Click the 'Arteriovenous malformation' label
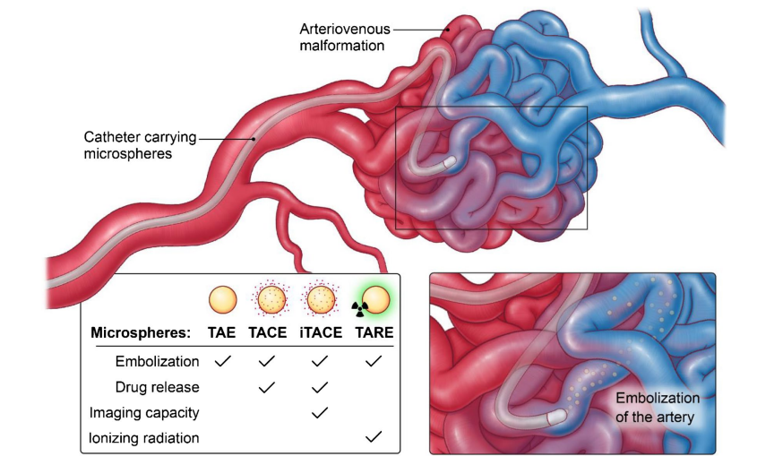click(x=345, y=37)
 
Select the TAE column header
click(x=223, y=332)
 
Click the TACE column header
click(x=267, y=332)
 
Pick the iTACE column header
click(x=319, y=332)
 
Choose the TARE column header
click(x=374, y=332)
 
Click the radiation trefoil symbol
click(x=357, y=308)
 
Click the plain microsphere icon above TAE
click(x=223, y=299)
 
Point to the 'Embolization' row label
click(x=158, y=362)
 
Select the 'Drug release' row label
click(x=158, y=387)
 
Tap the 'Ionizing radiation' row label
click(x=144, y=438)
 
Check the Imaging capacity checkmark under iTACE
click(x=319, y=412)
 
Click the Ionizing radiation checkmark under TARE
click(x=374, y=437)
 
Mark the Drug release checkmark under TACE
click(x=267, y=387)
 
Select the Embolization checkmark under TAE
click(x=223, y=362)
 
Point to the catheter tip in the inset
click(x=557, y=417)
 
